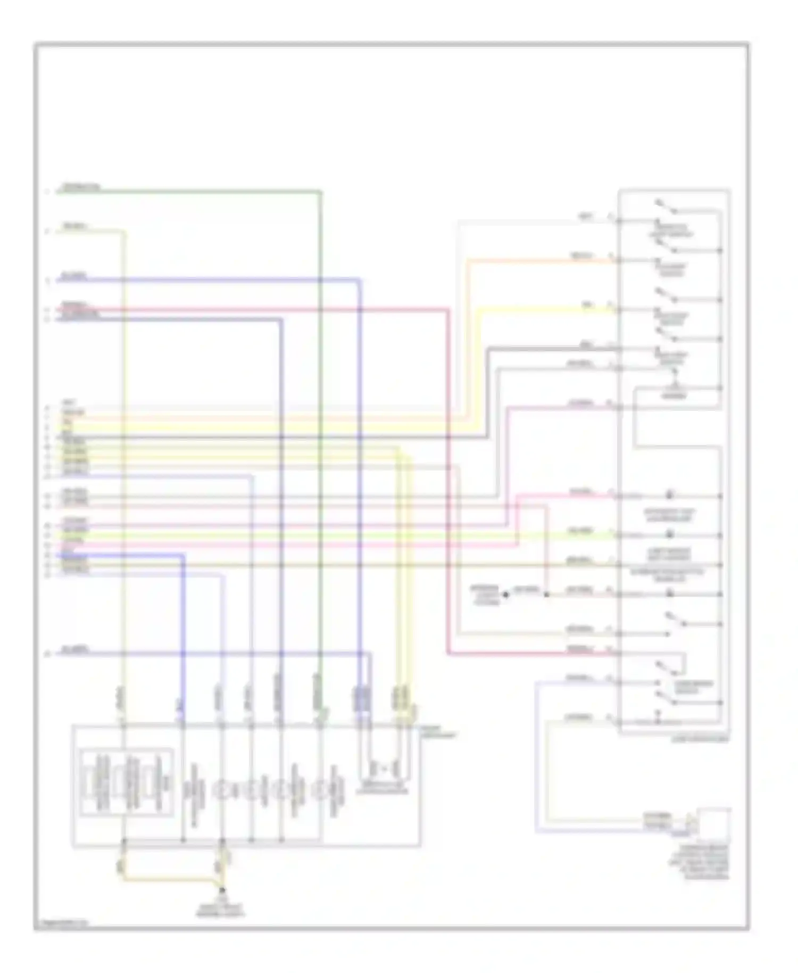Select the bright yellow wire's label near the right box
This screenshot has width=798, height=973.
587,304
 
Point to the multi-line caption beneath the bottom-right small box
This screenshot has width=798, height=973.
700,862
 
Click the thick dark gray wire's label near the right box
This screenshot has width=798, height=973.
586,345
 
